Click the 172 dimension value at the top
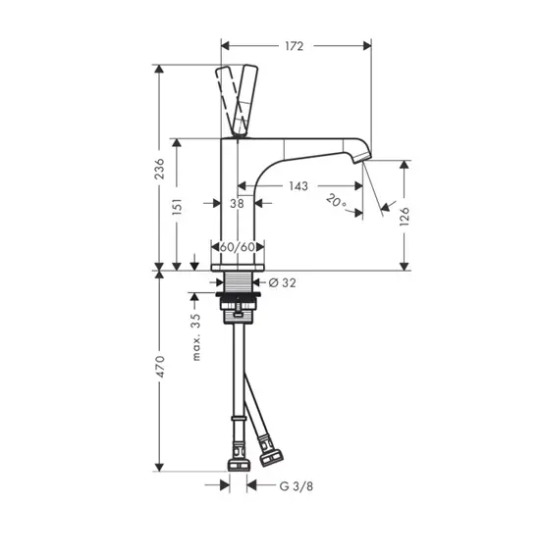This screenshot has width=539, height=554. [295, 46]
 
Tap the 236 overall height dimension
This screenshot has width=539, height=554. [160, 169]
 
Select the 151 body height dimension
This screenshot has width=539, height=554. [177, 206]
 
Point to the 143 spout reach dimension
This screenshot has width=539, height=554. [298, 186]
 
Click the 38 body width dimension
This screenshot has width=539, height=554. [237, 203]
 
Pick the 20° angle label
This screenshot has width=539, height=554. [336, 201]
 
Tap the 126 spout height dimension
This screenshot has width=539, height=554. [404, 217]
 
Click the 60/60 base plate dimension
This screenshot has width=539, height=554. [238, 247]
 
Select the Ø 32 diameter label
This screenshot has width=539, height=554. [282, 282]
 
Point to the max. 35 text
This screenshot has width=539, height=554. [195, 337]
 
